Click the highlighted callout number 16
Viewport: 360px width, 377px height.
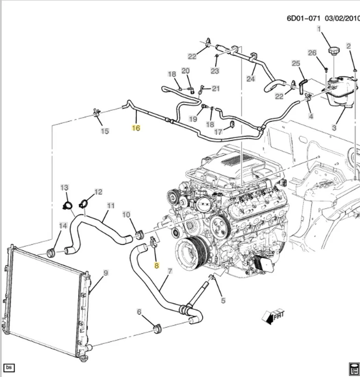coord(136,128)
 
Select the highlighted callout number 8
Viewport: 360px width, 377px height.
coord(156,265)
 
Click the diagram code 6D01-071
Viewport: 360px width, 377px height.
coord(304,18)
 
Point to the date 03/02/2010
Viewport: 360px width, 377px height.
coord(343,18)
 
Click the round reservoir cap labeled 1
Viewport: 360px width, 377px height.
coord(334,52)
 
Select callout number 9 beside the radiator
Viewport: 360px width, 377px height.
coord(105,273)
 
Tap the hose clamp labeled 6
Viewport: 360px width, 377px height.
coord(158,328)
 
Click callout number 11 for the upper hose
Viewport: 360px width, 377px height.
coord(111,205)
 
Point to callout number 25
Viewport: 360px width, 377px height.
coord(296,63)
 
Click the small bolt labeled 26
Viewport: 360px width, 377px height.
coord(326,70)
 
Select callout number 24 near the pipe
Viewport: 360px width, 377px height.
coord(251,79)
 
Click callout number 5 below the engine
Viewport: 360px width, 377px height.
coord(223,301)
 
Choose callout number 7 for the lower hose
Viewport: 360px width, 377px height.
coord(170,271)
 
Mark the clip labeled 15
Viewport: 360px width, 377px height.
coord(96,113)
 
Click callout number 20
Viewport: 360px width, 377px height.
coord(186,71)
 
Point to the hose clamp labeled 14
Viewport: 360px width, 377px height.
coord(51,252)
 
